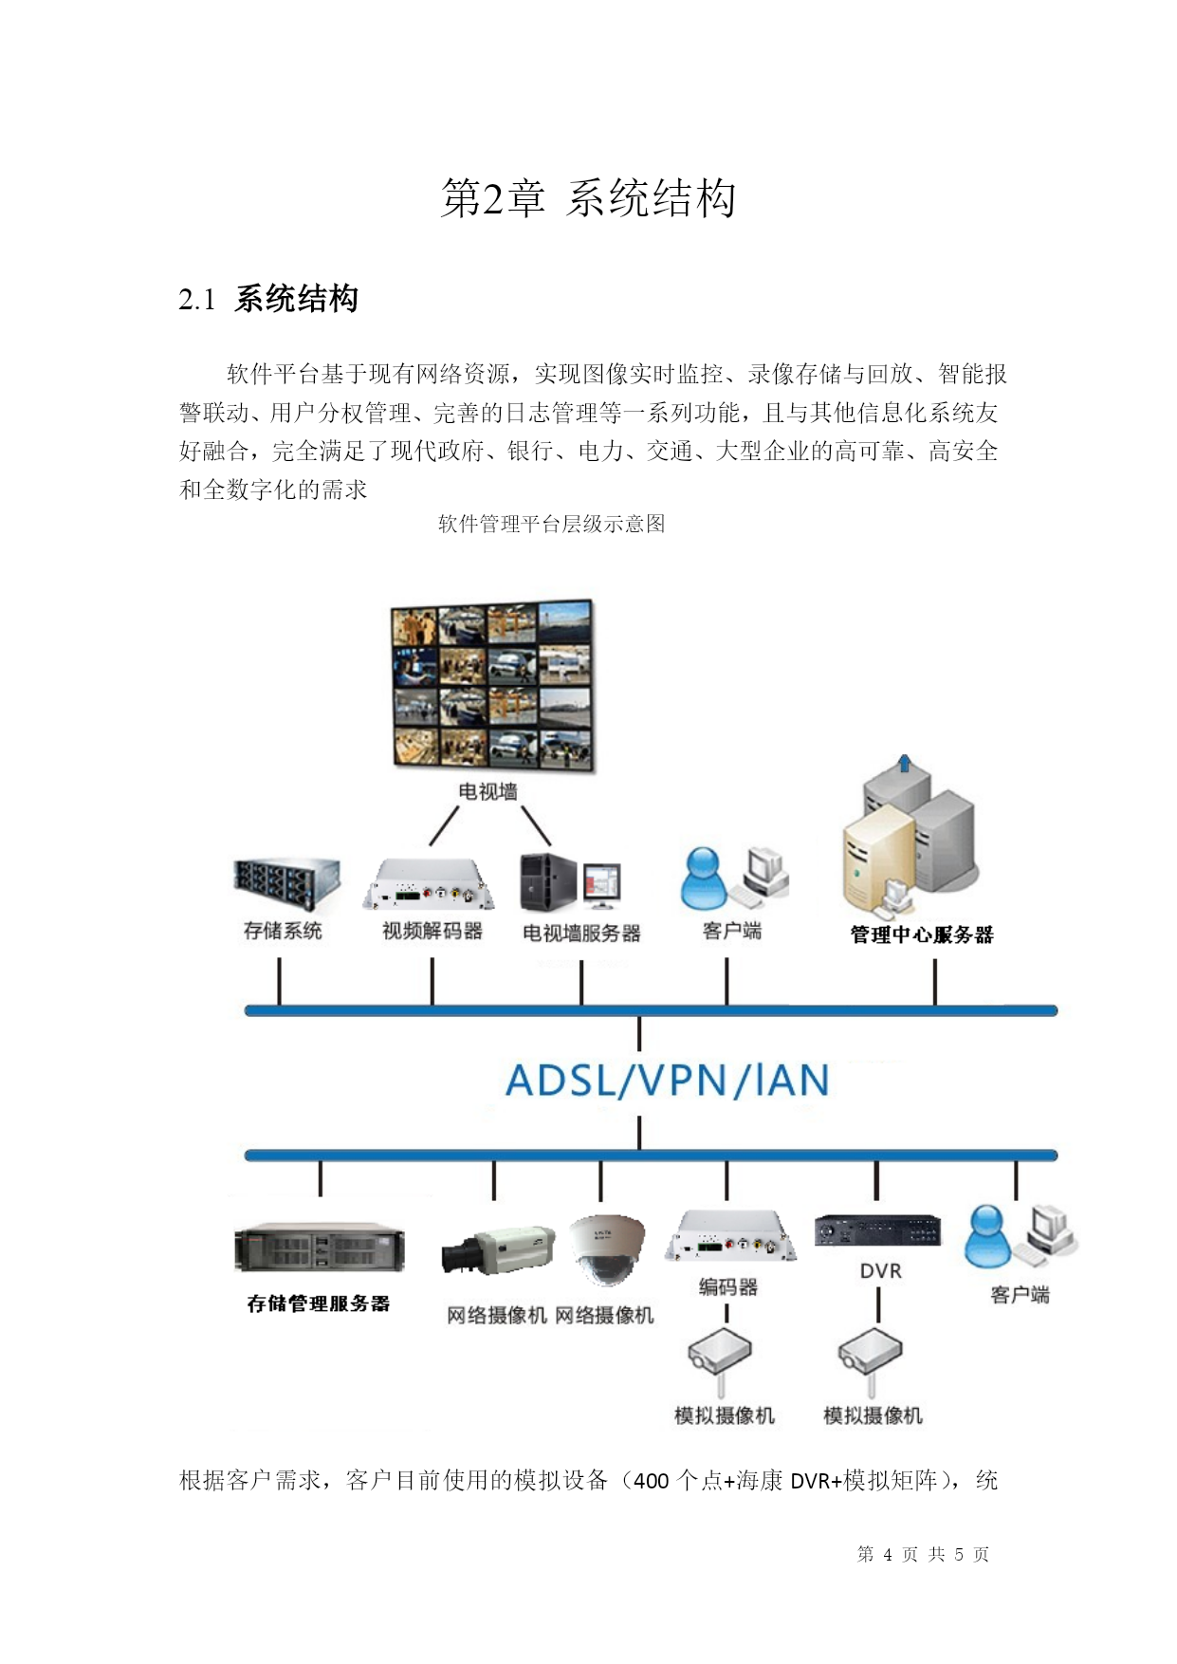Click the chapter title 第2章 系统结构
(588, 198)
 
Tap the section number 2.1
(197, 300)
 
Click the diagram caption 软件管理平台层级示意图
(551, 524)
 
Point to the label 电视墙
(488, 791)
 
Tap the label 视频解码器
(432, 931)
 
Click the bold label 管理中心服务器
(922, 934)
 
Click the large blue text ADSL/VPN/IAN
(668, 1081)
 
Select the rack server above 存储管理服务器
(320, 1248)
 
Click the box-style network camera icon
(498, 1250)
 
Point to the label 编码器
(728, 1287)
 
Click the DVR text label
(880, 1271)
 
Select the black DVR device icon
(878, 1230)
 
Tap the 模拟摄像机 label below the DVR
(874, 1415)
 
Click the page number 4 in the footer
(888, 1554)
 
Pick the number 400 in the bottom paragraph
(652, 1481)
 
